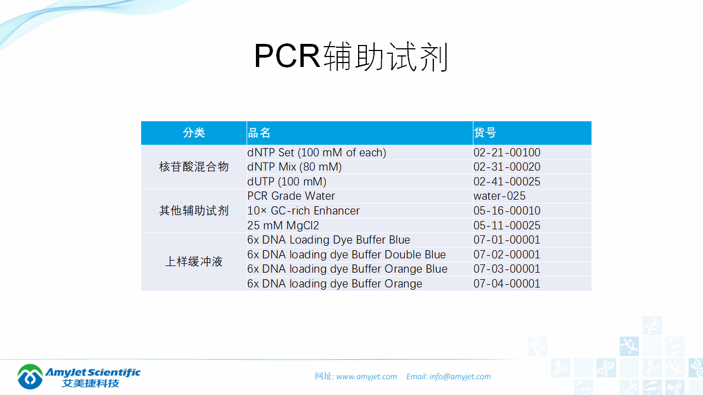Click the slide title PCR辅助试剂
point(351,57)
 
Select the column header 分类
point(194,133)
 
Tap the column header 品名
point(259,133)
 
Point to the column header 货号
point(485,133)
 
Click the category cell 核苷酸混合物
point(194,167)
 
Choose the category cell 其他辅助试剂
point(194,211)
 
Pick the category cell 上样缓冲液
point(194,262)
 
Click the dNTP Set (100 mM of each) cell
point(316,153)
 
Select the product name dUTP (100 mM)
point(287,182)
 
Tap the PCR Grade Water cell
point(291,196)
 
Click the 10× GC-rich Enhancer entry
point(303,211)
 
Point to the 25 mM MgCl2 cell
point(283,225)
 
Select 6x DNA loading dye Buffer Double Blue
point(347,255)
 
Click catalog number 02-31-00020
point(507,167)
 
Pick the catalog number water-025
point(499,196)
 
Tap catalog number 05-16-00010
point(507,211)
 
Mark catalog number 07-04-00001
point(507,284)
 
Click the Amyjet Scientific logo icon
point(30,376)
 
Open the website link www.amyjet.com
point(366,376)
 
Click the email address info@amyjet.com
point(460,376)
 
